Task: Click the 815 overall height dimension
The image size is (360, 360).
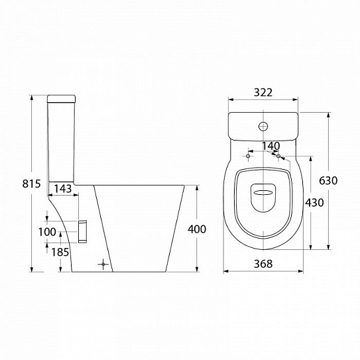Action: [31, 184]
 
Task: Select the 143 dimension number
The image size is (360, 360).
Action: [63, 189]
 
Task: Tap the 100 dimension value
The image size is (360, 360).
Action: [47, 232]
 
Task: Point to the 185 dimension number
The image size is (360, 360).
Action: [60, 252]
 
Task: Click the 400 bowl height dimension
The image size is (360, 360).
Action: [197, 229]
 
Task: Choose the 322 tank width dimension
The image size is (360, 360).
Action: [263, 92]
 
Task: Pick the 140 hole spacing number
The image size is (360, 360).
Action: [271, 146]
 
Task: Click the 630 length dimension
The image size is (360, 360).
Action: [328, 180]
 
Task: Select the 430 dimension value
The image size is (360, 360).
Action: [314, 202]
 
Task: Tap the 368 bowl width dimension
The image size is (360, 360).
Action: [263, 264]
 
